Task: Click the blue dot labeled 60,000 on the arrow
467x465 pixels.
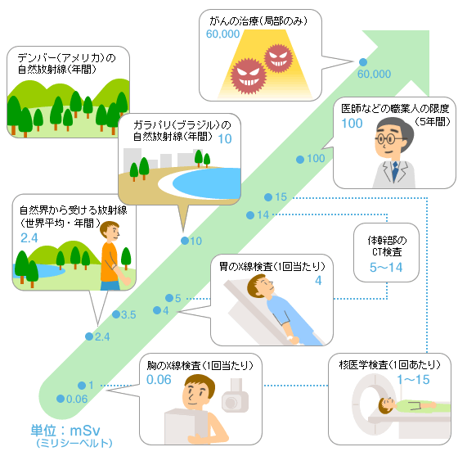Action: coord(363,62)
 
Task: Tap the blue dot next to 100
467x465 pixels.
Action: coord(300,160)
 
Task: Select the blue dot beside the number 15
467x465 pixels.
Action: coord(268,197)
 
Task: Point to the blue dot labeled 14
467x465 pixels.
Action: coord(250,215)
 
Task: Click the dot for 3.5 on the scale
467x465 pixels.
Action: coord(116,314)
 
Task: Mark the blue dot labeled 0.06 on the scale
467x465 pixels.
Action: coord(61,399)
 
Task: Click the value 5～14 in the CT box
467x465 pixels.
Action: coord(386,268)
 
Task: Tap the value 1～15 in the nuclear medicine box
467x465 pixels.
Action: coord(413,380)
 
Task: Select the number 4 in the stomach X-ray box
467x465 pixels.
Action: coord(318,281)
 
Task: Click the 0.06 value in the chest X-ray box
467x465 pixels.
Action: coord(159,380)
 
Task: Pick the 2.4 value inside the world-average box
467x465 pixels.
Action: coord(29,238)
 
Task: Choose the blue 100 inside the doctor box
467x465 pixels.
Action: coord(352,123)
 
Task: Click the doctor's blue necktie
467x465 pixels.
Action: coord(395,171)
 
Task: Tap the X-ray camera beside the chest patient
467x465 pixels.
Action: coord(235,396)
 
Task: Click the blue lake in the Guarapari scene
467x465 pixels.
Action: coord(207,182)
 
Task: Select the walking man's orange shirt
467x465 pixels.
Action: coord(110,262)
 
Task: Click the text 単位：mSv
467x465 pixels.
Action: coord(65,431)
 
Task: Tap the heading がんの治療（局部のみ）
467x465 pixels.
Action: coord(258,20)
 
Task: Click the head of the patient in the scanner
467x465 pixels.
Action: coord(387,405)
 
